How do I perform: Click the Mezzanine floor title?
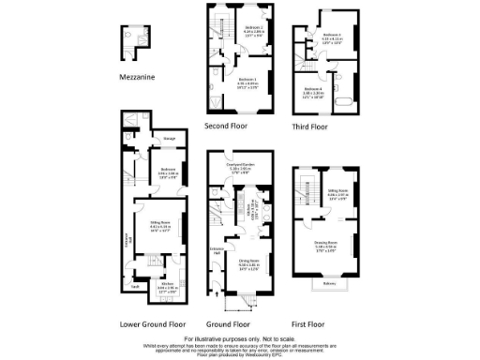137,77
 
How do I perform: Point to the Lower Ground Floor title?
152,323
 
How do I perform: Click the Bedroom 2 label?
252,28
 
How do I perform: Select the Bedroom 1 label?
246,81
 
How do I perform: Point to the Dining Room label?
248,262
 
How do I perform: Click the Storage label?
170,140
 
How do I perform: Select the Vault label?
136,285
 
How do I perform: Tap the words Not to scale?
275,337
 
